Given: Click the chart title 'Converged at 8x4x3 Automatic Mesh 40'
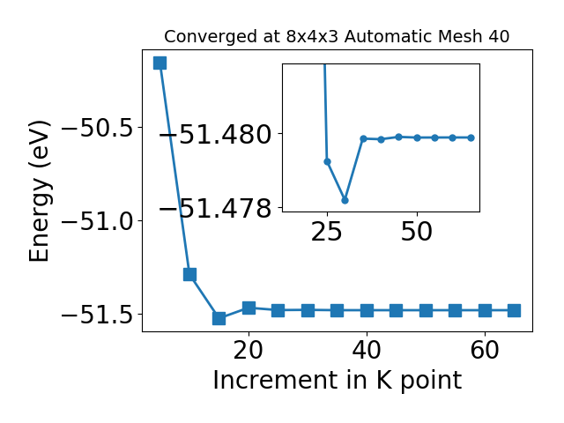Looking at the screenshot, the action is pos(337,37).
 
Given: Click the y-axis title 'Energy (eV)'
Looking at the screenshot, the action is pos(39,191).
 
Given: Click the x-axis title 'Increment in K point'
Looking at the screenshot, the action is pos(337,381).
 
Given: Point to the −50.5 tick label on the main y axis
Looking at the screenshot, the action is pos(98,128).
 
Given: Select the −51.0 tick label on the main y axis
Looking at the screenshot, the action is pos(98,221).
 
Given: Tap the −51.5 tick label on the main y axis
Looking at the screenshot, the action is pos(98,315).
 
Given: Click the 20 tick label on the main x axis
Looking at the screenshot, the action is pos(249,350).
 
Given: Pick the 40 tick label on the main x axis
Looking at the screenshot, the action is pos(367,350).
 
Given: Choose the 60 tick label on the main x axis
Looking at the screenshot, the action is pos(485,350).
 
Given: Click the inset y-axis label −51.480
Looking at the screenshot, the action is pos(215,135).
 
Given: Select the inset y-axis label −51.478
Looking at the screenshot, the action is pos(215,208).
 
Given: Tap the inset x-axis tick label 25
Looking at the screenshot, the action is pos(327,231).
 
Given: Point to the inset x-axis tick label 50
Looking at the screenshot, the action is pos(417,231).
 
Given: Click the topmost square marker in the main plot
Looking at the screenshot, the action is pos(160,63).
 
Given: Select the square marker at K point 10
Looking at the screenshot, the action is pos(189,274).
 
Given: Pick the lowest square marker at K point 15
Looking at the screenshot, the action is pos(219,318).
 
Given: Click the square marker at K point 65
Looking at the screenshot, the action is pos(515,310).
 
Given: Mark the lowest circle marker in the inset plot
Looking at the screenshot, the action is pos(345,200).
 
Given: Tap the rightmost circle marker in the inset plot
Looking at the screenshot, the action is pos(471,137).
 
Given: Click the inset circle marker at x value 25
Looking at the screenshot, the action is pos(327,161).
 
